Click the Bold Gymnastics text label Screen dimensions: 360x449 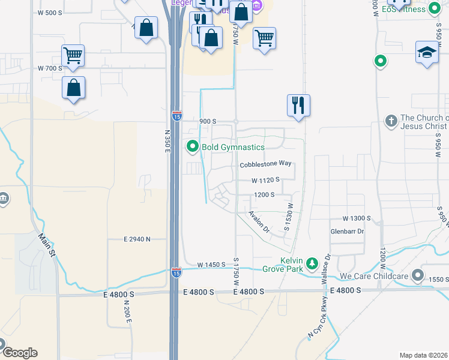coord(233,147)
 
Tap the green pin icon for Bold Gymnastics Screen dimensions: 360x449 coord(193,146)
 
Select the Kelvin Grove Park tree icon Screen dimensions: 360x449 coord(312,263)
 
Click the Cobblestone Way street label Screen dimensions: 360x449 coord(265,164)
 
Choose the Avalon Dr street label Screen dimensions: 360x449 coord(261,222)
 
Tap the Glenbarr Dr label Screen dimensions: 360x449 coord(348,231)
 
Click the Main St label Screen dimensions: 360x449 coord(47,245)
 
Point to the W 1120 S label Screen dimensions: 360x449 coord(266,180)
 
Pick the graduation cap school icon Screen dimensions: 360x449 coord(427,52)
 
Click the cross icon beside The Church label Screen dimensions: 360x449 coord(391,121)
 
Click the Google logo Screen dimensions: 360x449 coord(19,353)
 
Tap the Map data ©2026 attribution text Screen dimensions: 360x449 coord(423,355)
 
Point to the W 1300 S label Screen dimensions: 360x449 coord(357,218)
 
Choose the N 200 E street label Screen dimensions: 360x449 coord(127,313)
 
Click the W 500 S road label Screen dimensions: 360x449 coord(50,13)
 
